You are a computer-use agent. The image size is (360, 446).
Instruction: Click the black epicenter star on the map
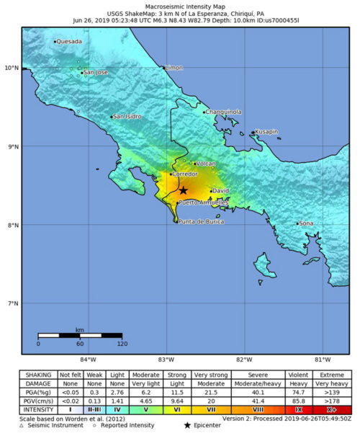tap(184, 190)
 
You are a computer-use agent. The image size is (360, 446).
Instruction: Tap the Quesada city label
tap(69, 42)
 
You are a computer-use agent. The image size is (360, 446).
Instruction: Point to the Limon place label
tap(174, 68)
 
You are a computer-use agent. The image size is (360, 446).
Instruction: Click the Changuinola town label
tap(223, 112)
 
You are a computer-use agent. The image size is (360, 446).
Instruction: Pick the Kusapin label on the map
tap(266, 132)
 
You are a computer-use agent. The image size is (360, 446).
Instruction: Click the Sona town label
tap(306, 223)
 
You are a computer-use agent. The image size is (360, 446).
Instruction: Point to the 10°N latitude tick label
tap(11, 68)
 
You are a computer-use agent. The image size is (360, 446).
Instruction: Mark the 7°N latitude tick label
tap(12, 303)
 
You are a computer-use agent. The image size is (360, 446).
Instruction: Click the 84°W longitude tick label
tap(88, 359)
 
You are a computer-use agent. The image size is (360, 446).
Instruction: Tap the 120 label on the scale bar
tap(122, 344)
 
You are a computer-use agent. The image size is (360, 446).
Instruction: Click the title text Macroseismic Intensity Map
tap(179, 5)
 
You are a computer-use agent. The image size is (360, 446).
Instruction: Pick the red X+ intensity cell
tap(332, 409)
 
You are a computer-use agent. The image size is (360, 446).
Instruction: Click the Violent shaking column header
tap(299, 375)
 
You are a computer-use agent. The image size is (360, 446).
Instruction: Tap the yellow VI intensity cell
tap(177, 409)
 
